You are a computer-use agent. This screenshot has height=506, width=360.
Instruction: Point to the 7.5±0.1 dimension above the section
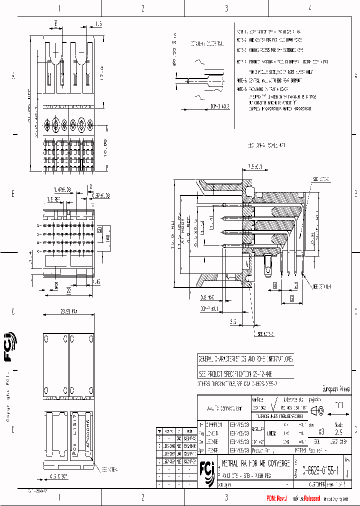(x=255, y=167)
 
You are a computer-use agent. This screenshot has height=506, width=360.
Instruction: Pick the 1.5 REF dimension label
(x=53, y=198)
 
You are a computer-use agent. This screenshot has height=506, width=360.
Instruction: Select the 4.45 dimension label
(x=97, y=282)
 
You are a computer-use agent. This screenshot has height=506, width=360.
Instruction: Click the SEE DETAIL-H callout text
(x=320, y=286)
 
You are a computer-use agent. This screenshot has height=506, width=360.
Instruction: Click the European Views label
(x=335, y=389)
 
